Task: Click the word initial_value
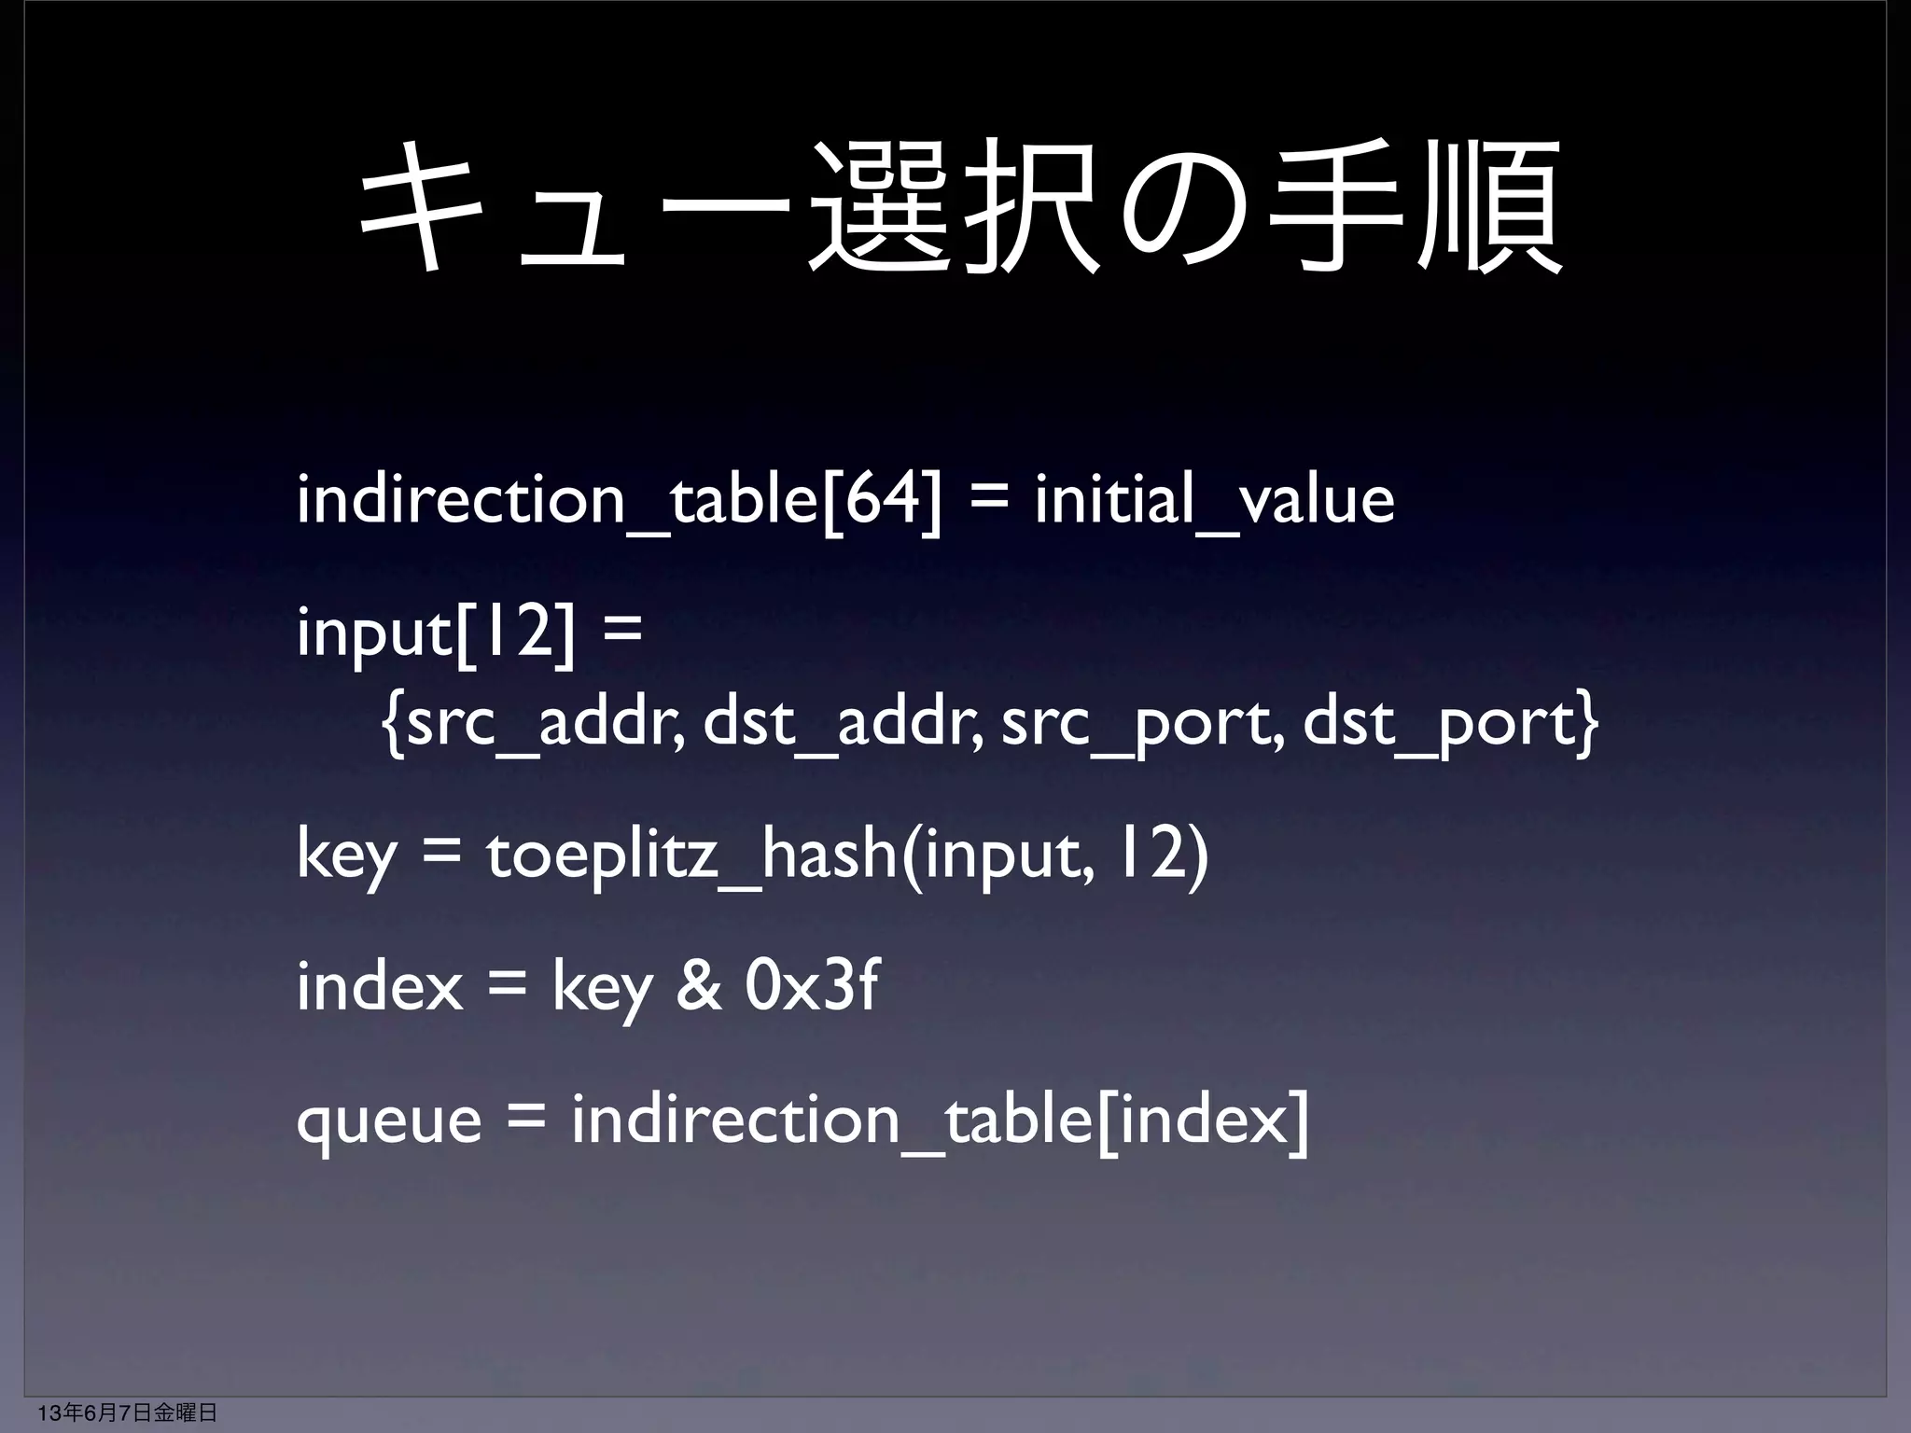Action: click(1214, 501)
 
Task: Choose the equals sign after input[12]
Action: click(622, 633)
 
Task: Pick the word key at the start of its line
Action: click(345, 857)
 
